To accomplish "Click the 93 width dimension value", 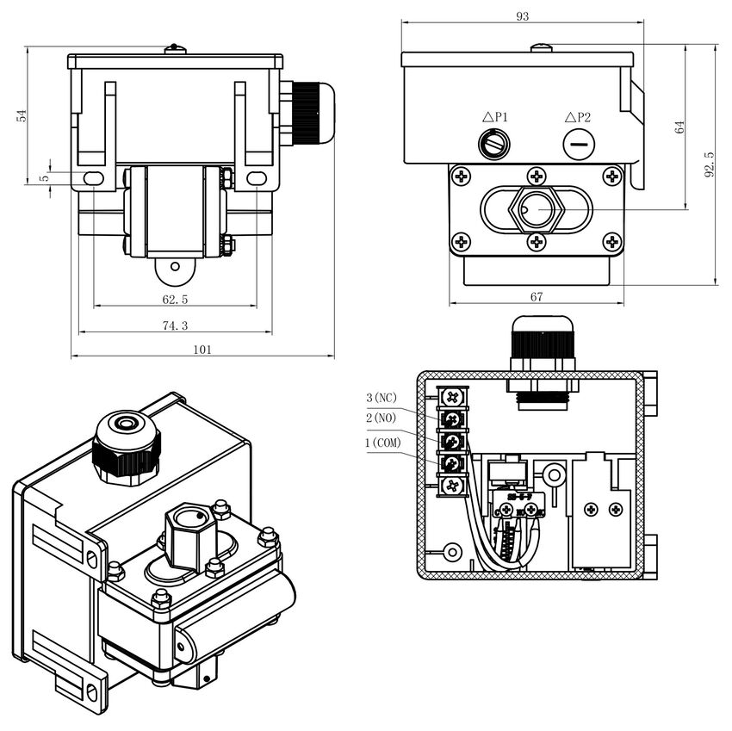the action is coord(523,16).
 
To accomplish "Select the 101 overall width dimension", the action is coord(202,350).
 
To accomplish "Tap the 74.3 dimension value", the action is coord(175,325).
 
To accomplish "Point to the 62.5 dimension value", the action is coord(175,300).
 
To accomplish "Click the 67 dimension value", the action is coord(537,296).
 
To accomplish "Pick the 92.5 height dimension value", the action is coord(709,164).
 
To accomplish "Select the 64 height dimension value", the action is coord(679,127).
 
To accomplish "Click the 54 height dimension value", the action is coord(22,115).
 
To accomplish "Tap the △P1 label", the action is coord(495,117).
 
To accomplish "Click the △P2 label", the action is coord(578,117).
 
